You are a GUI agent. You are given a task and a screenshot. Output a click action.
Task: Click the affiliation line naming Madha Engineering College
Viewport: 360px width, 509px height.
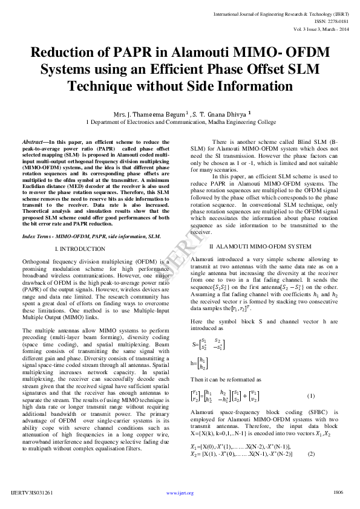[181, 122]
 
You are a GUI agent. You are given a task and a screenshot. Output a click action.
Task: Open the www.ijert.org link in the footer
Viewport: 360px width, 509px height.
[180, 493]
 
